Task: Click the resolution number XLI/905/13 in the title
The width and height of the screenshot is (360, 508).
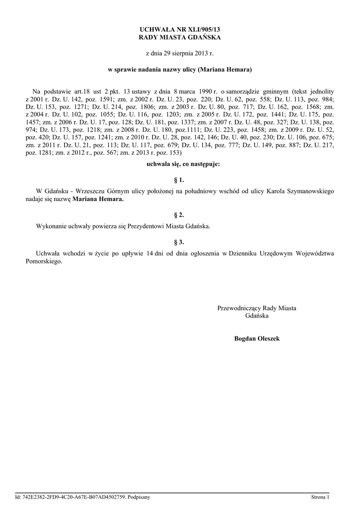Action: (199, 30)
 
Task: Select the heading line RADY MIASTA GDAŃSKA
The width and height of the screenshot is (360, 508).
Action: (180, 38)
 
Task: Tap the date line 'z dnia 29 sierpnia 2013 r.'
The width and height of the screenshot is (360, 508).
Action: (180, 53)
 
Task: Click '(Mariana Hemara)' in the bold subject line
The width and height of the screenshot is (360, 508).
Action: (225, 70)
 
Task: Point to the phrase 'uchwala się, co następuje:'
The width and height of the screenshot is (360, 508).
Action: (180, 163)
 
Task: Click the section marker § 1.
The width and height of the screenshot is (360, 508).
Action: (180, 180)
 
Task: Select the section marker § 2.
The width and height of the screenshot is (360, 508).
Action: (180, 215)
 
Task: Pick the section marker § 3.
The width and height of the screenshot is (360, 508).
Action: (180, 242)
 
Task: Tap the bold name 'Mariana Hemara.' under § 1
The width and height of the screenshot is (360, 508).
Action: (98, 199)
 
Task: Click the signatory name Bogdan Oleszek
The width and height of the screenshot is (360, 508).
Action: (257, 339)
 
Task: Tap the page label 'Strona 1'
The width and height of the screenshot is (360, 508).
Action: (320, 497)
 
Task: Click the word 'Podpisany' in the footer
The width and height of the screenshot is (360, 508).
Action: (139, 497)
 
